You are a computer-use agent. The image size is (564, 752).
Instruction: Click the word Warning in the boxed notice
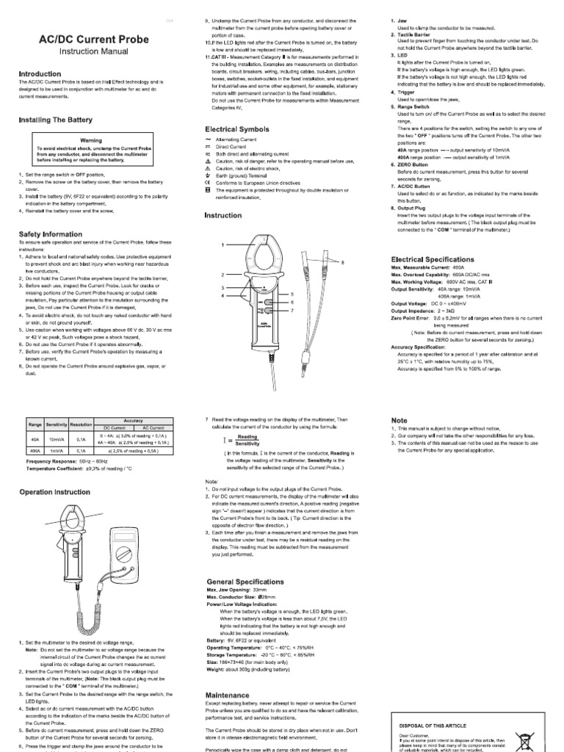click(91, 140)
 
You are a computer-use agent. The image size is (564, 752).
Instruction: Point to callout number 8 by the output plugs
click(341, 261)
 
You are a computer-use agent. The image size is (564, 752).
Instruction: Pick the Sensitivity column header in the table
click(57, 424)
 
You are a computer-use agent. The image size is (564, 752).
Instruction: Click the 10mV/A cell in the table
click(57, 439)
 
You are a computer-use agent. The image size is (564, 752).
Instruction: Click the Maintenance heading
click(228, 695)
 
